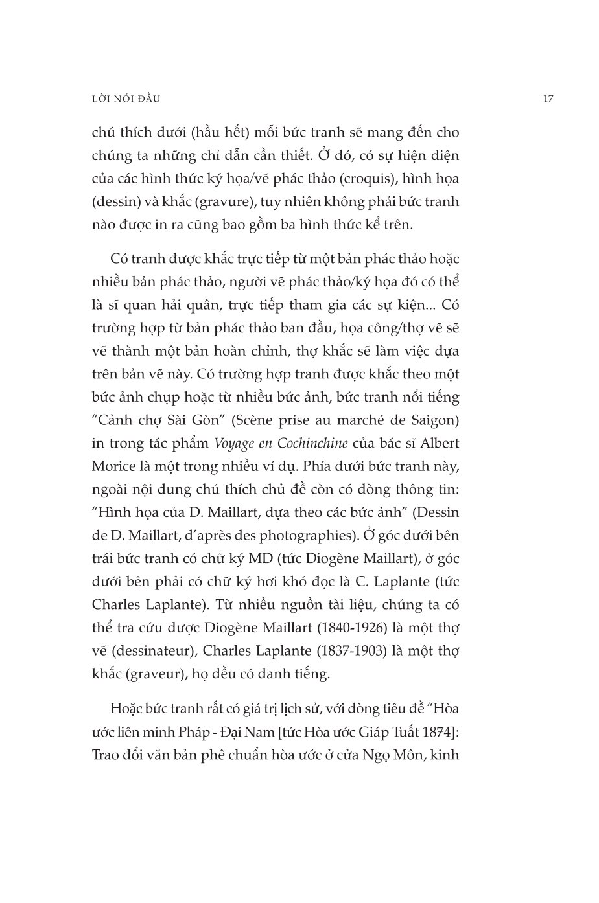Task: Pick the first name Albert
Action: [x=438, y=443]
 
